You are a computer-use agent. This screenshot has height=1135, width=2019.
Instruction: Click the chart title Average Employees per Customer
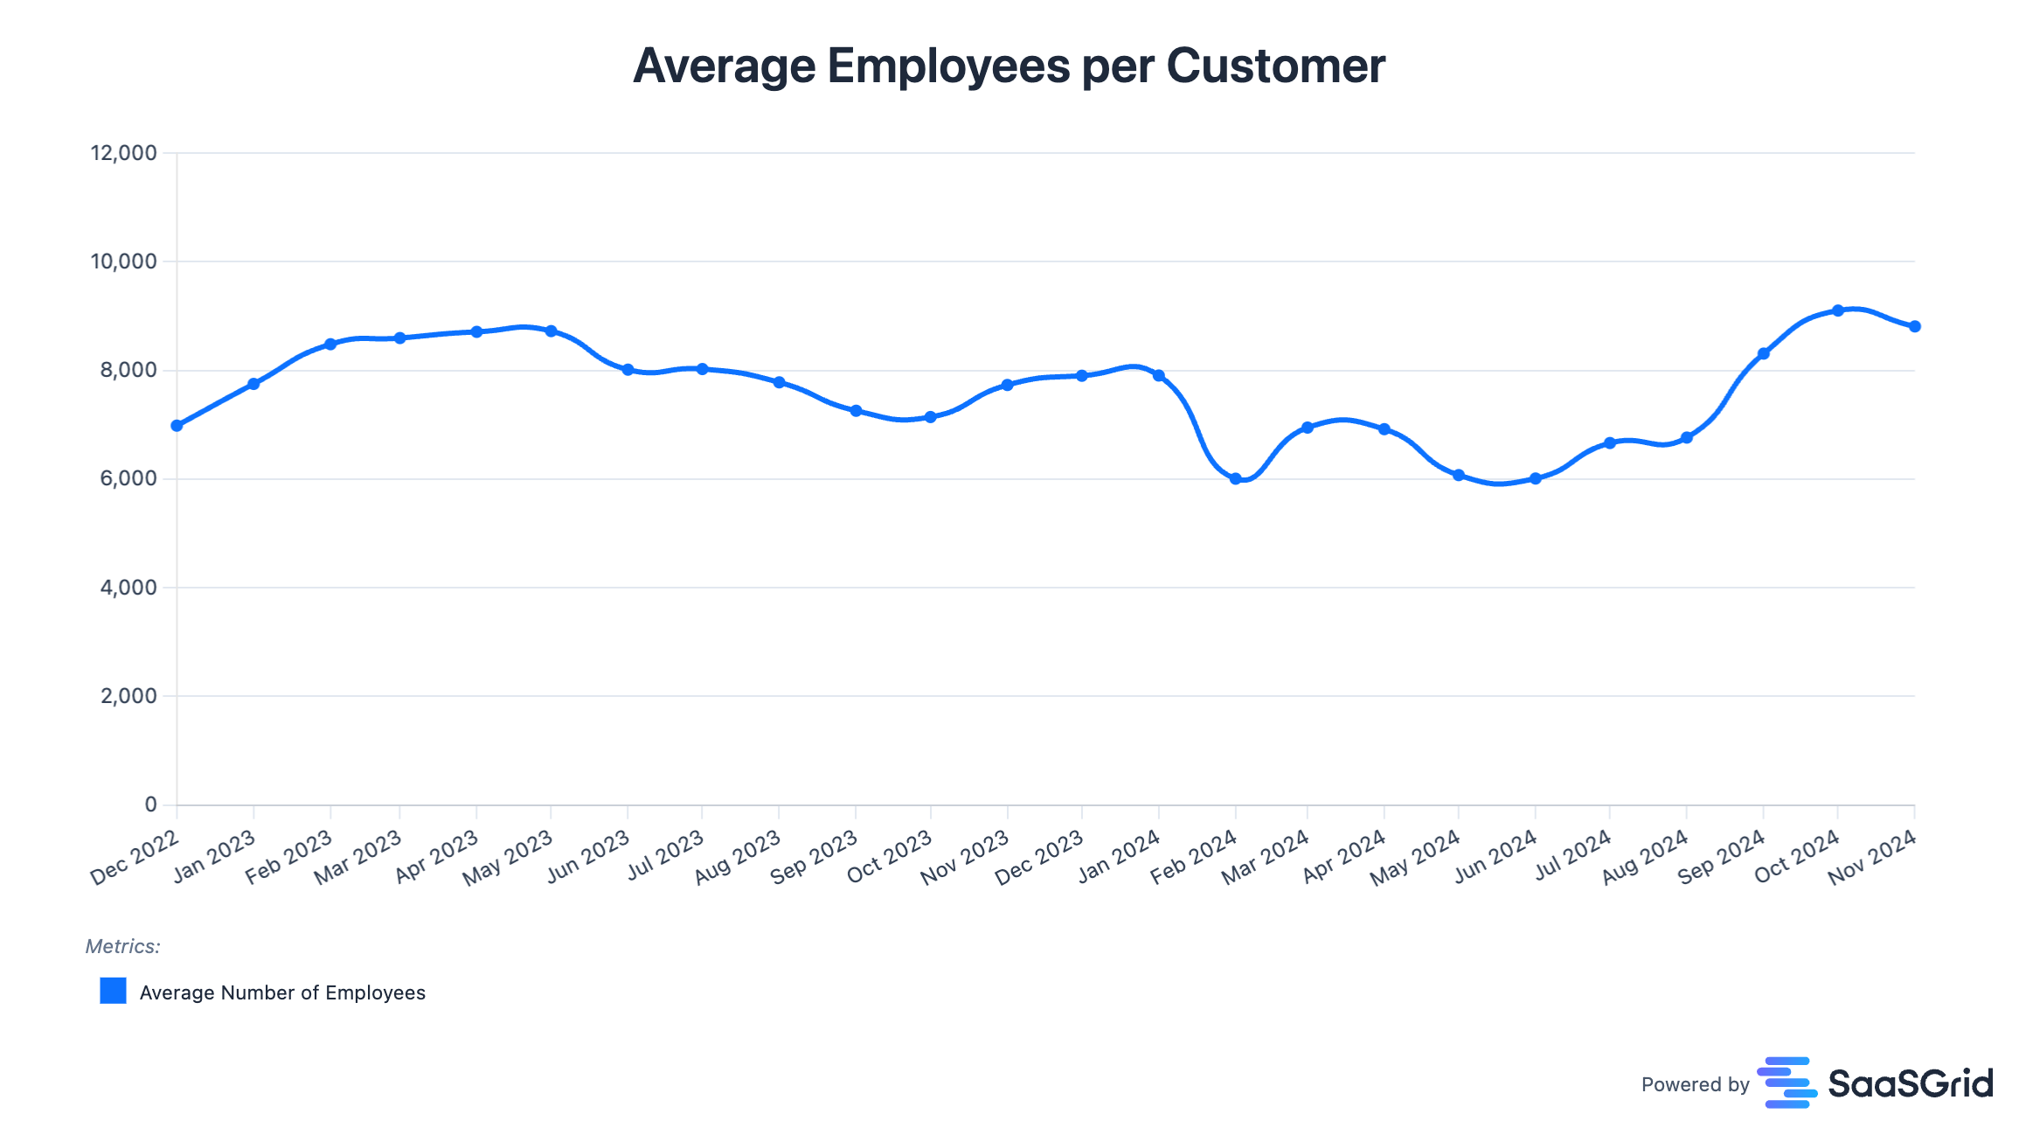click(x=1009, y=66)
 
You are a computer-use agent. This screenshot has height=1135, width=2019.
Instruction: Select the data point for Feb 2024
click(x=1235, y=478)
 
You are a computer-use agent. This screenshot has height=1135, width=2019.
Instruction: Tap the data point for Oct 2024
click(x=1837, y=310)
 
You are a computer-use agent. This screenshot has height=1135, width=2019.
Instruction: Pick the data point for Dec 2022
click(x=177, y=426)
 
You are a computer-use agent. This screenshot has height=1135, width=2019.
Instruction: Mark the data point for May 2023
click(x=551, y=331)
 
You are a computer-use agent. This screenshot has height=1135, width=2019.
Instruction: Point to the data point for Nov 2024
click(x=1914, y=326)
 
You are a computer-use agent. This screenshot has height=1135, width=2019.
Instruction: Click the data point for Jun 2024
click(x=1535, y=478)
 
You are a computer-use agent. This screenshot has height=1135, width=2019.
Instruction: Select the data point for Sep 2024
click(x=1763, y=354)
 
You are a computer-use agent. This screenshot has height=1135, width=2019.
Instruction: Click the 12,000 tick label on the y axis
click(x=123, y=153)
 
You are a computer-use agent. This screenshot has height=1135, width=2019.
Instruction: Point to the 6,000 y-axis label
click(x=128, y=478)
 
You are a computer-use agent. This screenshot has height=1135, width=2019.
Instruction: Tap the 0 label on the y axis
click(x=150, y=804)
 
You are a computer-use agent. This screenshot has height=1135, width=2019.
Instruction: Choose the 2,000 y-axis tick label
click(x=128, y=696)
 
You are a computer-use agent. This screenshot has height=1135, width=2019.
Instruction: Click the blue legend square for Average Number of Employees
click(x=113, y=991)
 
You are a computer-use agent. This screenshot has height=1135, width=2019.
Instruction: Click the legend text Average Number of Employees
click(x=282, y=992)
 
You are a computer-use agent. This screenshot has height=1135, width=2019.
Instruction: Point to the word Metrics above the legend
click(x=122, y=946)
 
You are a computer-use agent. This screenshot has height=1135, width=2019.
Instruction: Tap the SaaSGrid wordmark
click(x=1910, y=1084)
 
